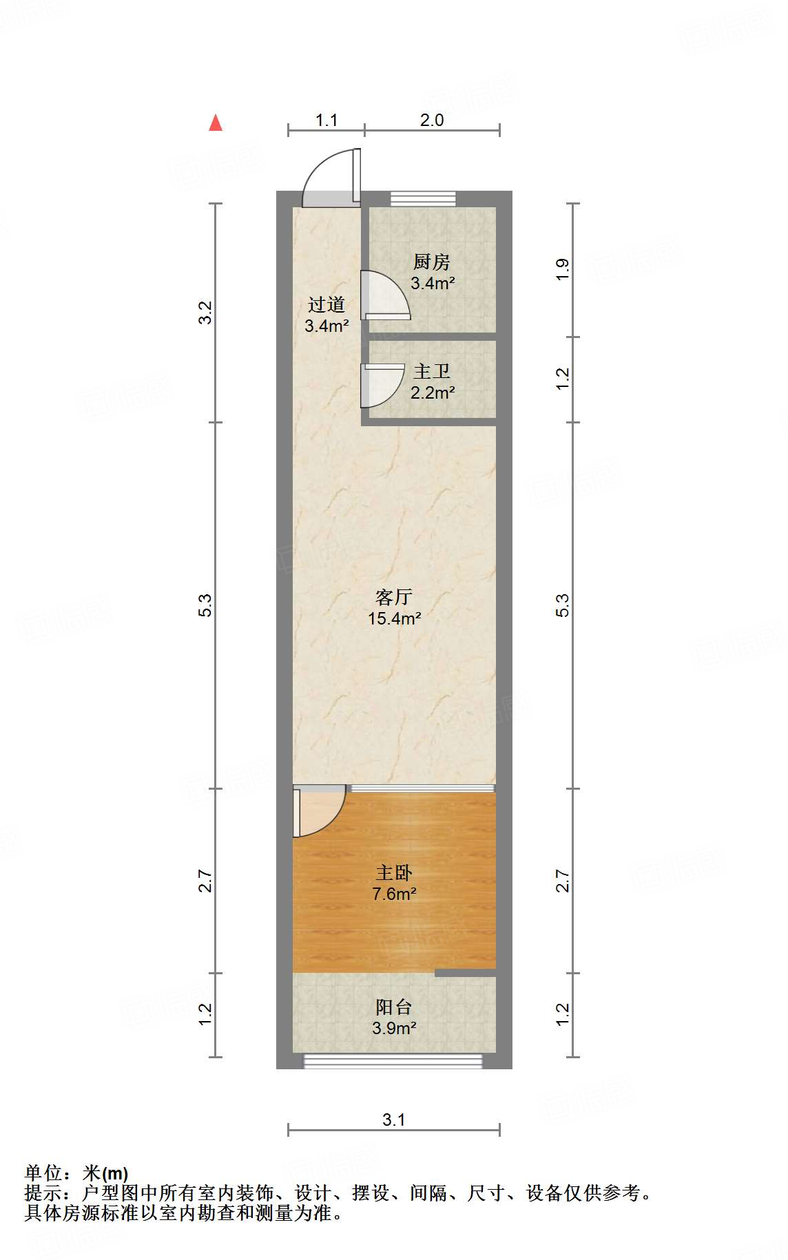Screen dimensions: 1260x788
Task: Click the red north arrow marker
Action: pyautogui.click(x=216, y=123)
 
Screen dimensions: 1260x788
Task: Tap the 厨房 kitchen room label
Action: pyautogui.click(x=432, y=262)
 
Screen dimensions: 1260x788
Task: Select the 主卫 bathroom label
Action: pyautogui.click(x=432, y=372)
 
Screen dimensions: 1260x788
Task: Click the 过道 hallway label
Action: pyautogui.click(x=326, y=305)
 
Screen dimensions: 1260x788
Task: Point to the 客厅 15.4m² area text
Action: pyautogui.click(x=394, y=618)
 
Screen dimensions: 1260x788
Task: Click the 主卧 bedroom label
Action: pyautogui.click(x=394, y=873)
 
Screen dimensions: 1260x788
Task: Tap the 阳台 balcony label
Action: pyautogui.click(x=394, y=1007)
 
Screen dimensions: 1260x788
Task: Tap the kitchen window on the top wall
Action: pyautogui.click(x=423, y=198)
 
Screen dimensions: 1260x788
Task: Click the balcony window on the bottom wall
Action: pyautogui.click(x=393, y=1061)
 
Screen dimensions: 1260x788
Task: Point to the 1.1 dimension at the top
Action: pyautogui.click(x=326, y=120)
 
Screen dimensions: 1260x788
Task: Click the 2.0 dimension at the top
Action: pyautogui.click(x=432, y=120)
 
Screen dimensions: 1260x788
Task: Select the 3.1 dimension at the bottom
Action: pyautogui.click(x=394, y=1120)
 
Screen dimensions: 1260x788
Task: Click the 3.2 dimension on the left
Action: pyautogui.click(x=205, y=313)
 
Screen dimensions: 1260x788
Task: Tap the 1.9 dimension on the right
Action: pyautogui.click(x=563, y=269)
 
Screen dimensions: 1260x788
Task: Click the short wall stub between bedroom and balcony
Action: pyautogui.click(x=465, y=973)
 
